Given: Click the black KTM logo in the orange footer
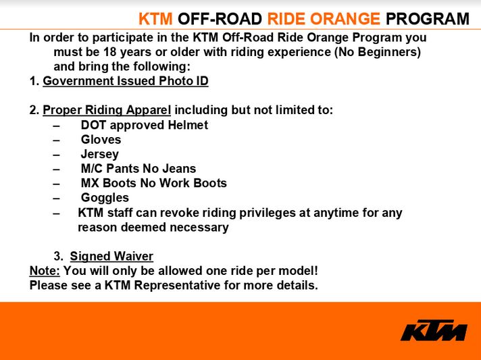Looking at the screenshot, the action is [x=434, y=330].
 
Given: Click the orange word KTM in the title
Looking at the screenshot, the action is [x=155, y=19].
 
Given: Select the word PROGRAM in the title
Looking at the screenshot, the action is [x=428, y=19].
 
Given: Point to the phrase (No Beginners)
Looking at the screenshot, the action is [x=378, y=52].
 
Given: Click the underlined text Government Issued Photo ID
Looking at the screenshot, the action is [x=126, y=81].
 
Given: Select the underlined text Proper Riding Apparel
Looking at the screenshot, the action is [x=107, y=110].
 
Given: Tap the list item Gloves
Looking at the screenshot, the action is [x=101, y=140].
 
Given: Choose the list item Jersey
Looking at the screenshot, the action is [x=100, y=154].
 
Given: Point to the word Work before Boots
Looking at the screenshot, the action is [x=174, y=183].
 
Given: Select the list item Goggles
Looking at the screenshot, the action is [x=105, y=198].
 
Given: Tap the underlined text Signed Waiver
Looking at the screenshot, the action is [x=111, y=256].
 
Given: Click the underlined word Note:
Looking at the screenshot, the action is [x=45, y=271].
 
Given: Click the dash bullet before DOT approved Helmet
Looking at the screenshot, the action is [x=56, y=126].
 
